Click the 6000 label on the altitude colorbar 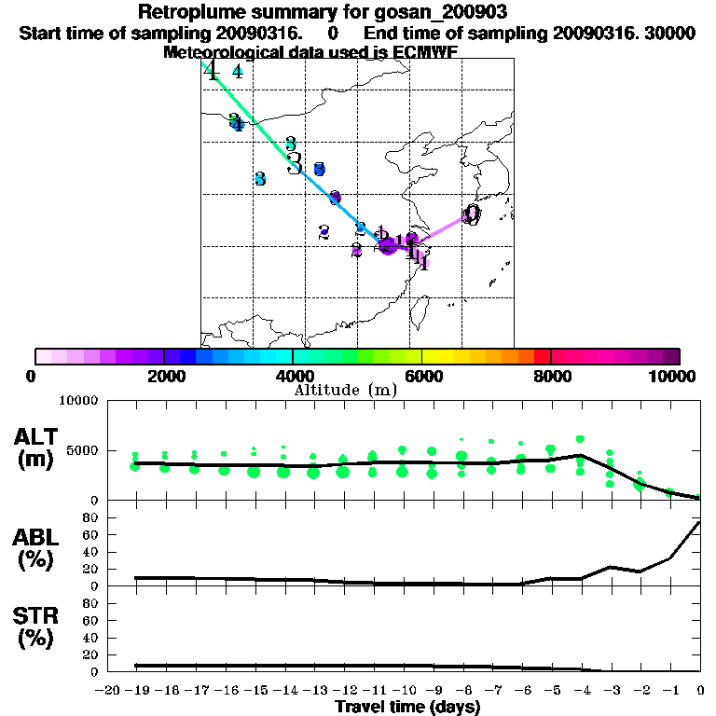coord(422,376)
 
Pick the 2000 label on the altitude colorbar coord(163,376)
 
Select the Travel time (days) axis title coord(408,707)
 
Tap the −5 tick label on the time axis coord(550,691)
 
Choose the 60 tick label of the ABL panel coord(91,534)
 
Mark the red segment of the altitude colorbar coord(543,356)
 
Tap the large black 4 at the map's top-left coord(212,71)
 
